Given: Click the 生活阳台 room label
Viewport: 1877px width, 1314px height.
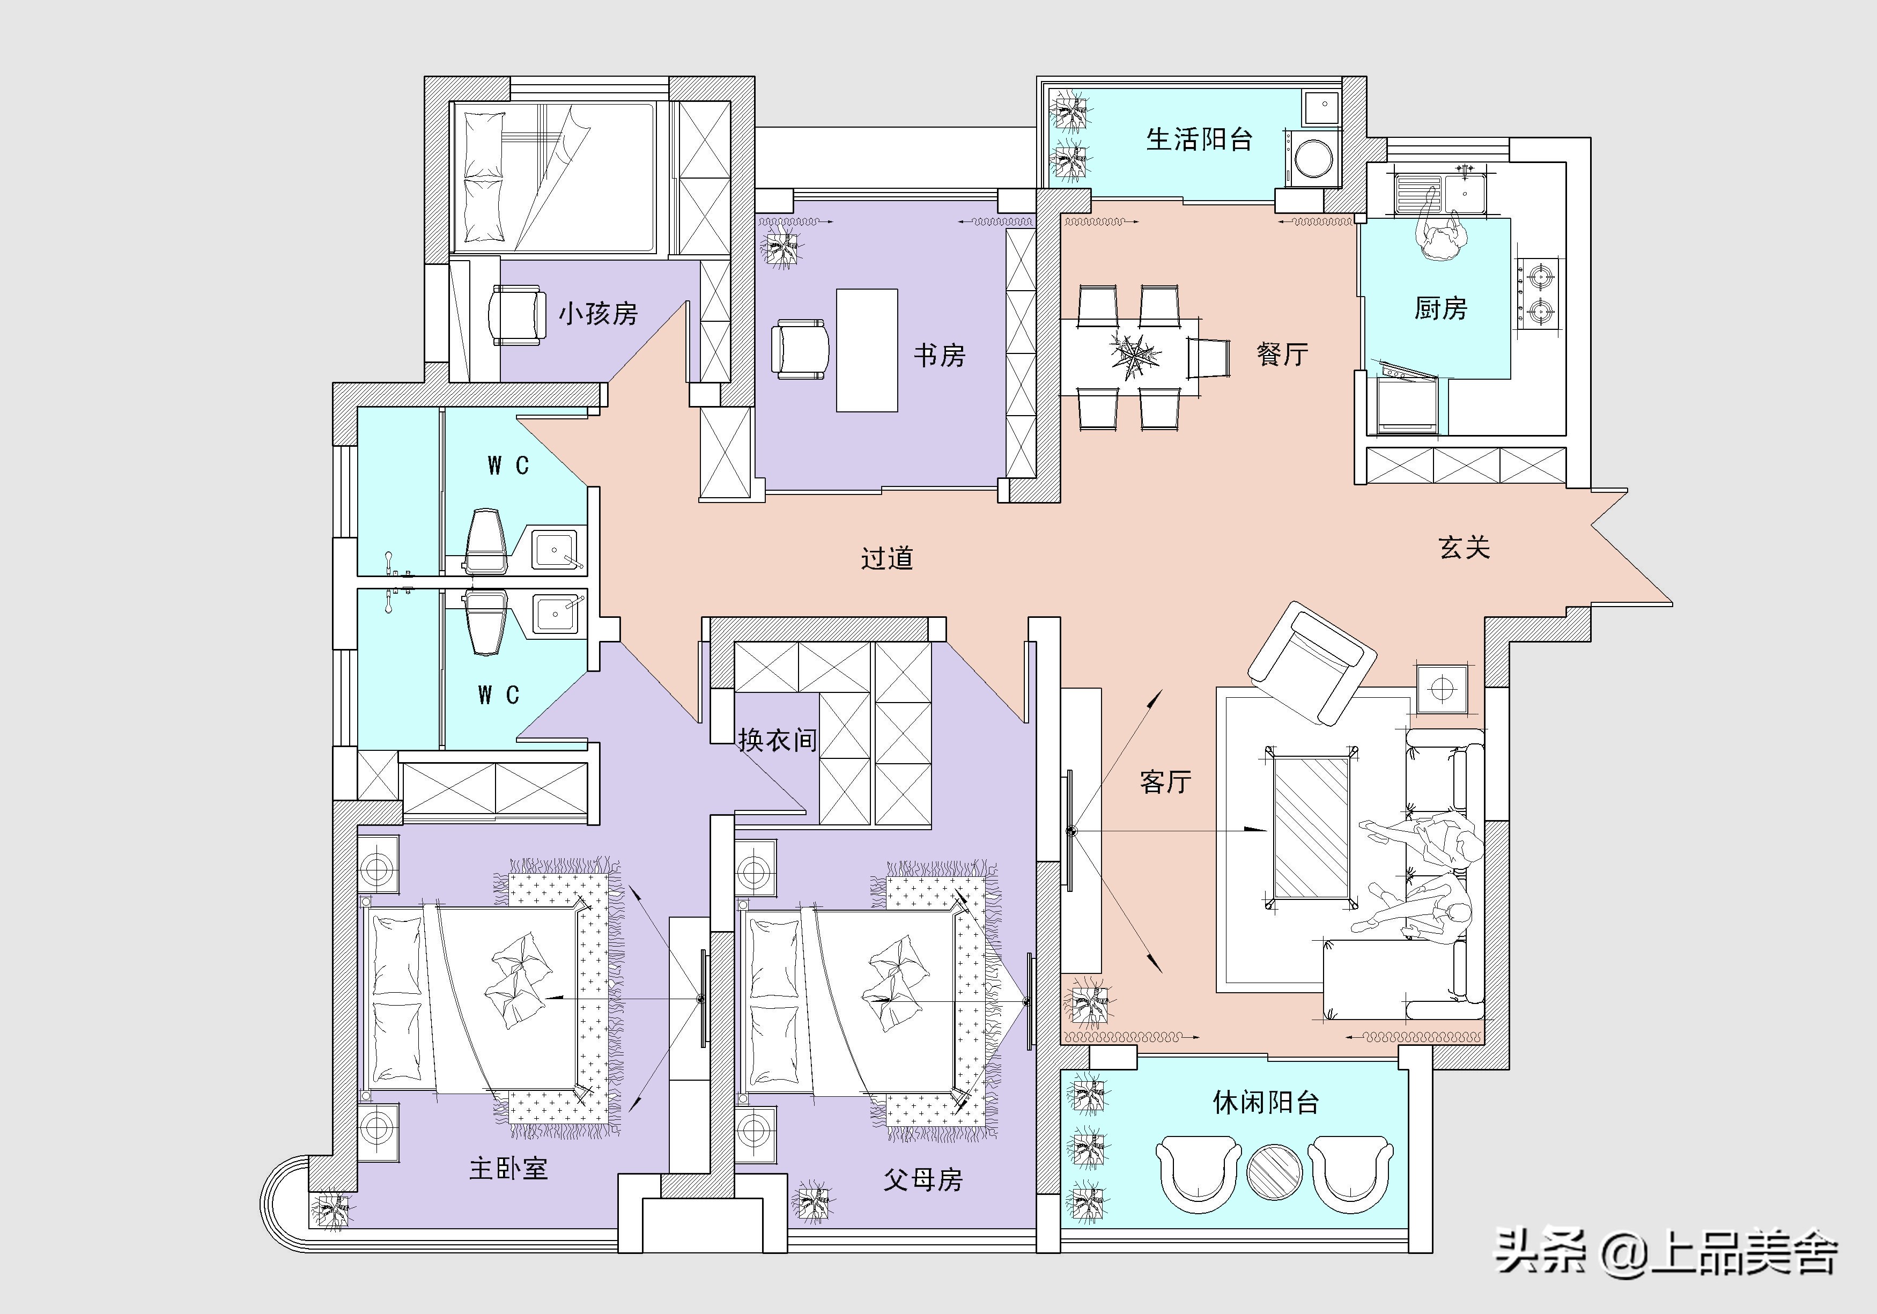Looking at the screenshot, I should point(1199,140).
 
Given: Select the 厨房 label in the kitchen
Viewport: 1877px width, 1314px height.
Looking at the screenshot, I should point(1440,308).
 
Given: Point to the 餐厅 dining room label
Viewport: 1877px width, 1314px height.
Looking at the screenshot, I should point(1282,354).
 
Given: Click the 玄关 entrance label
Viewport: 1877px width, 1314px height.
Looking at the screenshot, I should point(1464,547).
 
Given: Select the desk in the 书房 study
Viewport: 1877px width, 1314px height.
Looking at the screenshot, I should point(867,350).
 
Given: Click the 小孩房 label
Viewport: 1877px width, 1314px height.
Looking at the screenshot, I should point(597,313).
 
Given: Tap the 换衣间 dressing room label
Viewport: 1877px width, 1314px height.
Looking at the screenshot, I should point(778,740).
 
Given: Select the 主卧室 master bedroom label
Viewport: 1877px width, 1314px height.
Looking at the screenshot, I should point(508,1169).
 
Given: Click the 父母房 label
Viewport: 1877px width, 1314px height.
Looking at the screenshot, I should point(922,1179).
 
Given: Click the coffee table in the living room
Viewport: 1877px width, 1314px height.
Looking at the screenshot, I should point(1311,826).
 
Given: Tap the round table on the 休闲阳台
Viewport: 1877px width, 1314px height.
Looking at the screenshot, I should point(1274,1171).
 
